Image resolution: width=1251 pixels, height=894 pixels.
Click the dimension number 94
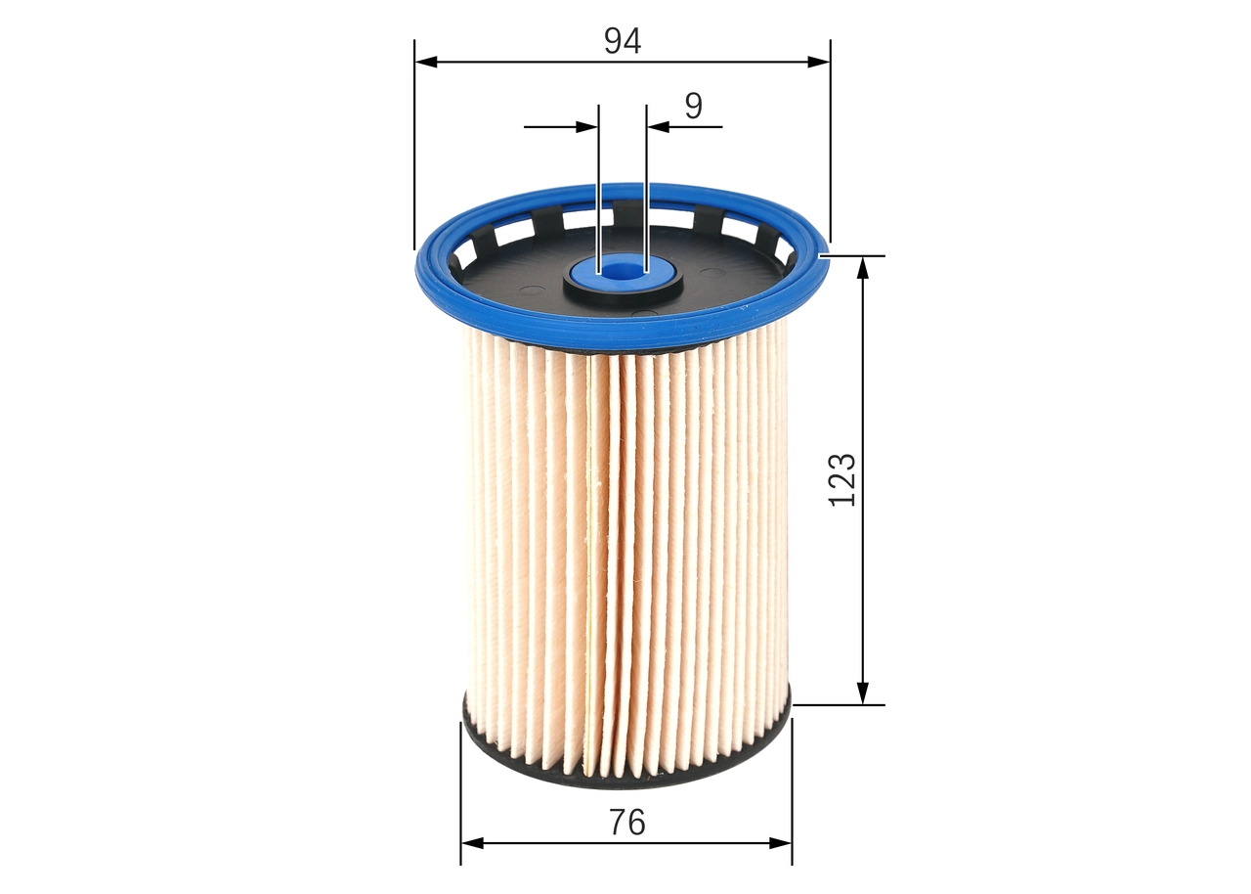tap(622, 40)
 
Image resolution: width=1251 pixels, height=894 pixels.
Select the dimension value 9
tap(693, 106)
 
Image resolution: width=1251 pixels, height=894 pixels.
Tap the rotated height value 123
tap(841, 479)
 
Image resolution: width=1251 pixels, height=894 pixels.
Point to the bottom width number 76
tap(626, 823)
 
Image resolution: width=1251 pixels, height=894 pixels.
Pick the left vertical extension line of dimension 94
tap(414, 147)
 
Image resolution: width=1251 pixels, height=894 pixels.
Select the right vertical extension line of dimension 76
tap(792, 792)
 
